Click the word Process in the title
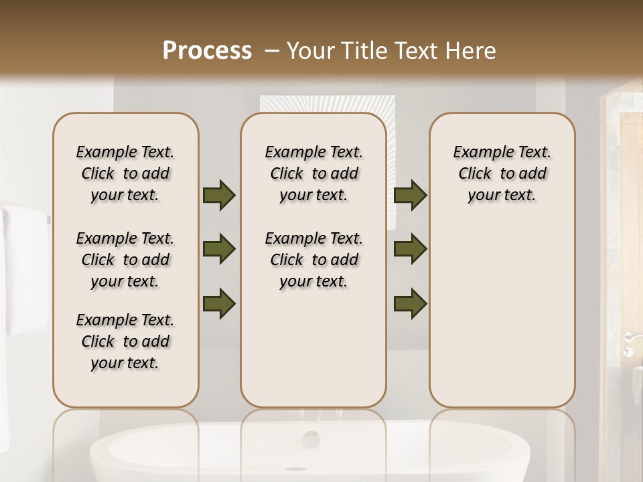(x=207, y=51)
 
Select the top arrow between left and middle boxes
(x=219, y=195)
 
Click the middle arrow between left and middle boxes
(x=219, y=250)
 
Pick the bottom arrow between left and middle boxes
(x=219, y=303)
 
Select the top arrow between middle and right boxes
(x=410, y=195)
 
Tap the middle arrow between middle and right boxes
(x=410, y=250)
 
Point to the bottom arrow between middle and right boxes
(x=410, y=303)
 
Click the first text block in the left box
(x=125, y=173)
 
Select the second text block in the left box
(x=125, y=260)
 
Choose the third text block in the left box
(x=125, y=341)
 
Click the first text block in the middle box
(x=314, y=173)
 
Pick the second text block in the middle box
(x=314, y=260)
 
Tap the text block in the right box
(x=502, y=173)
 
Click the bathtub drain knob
(x=311, y=439)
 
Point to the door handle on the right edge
(x=628, y=337)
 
